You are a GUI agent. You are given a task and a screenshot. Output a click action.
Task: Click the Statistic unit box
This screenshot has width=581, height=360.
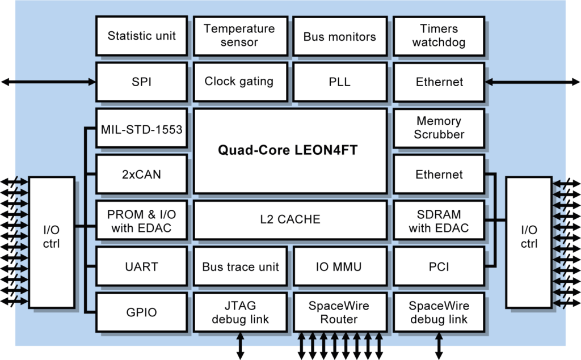point(141,36)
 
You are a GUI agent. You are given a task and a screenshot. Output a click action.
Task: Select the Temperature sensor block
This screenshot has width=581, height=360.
point(239,36)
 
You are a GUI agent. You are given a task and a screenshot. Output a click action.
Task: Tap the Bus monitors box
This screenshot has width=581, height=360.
point(339,36)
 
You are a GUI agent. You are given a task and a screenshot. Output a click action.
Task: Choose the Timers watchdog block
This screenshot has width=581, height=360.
point(439,36)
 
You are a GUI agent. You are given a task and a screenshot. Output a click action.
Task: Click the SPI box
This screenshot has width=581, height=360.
point(141,82)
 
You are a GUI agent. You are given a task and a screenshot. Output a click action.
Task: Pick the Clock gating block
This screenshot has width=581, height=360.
point(239,82)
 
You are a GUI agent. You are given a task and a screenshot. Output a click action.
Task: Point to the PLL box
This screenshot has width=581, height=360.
point(339,82)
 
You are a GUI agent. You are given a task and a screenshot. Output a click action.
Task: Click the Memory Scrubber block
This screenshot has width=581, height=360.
point(439,128)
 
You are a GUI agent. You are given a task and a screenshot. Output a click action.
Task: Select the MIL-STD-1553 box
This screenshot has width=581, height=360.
point(141,130)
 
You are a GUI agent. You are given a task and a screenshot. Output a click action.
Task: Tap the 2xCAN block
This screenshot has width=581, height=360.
point(141,175)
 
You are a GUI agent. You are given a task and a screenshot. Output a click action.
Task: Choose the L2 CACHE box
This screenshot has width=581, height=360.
point(290,219)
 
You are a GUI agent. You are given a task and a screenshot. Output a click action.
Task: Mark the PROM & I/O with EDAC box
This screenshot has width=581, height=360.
point(141,222)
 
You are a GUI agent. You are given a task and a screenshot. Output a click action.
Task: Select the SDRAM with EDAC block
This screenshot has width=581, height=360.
point(439,222)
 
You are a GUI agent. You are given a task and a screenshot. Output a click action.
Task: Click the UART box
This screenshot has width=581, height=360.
point(141,266)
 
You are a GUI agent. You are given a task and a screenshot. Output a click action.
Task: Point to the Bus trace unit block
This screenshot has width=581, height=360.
point(240,266)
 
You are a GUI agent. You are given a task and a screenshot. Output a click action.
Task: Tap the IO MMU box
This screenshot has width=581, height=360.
point(339,266)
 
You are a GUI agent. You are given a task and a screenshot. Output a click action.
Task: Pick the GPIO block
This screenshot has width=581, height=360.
point(141,312)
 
